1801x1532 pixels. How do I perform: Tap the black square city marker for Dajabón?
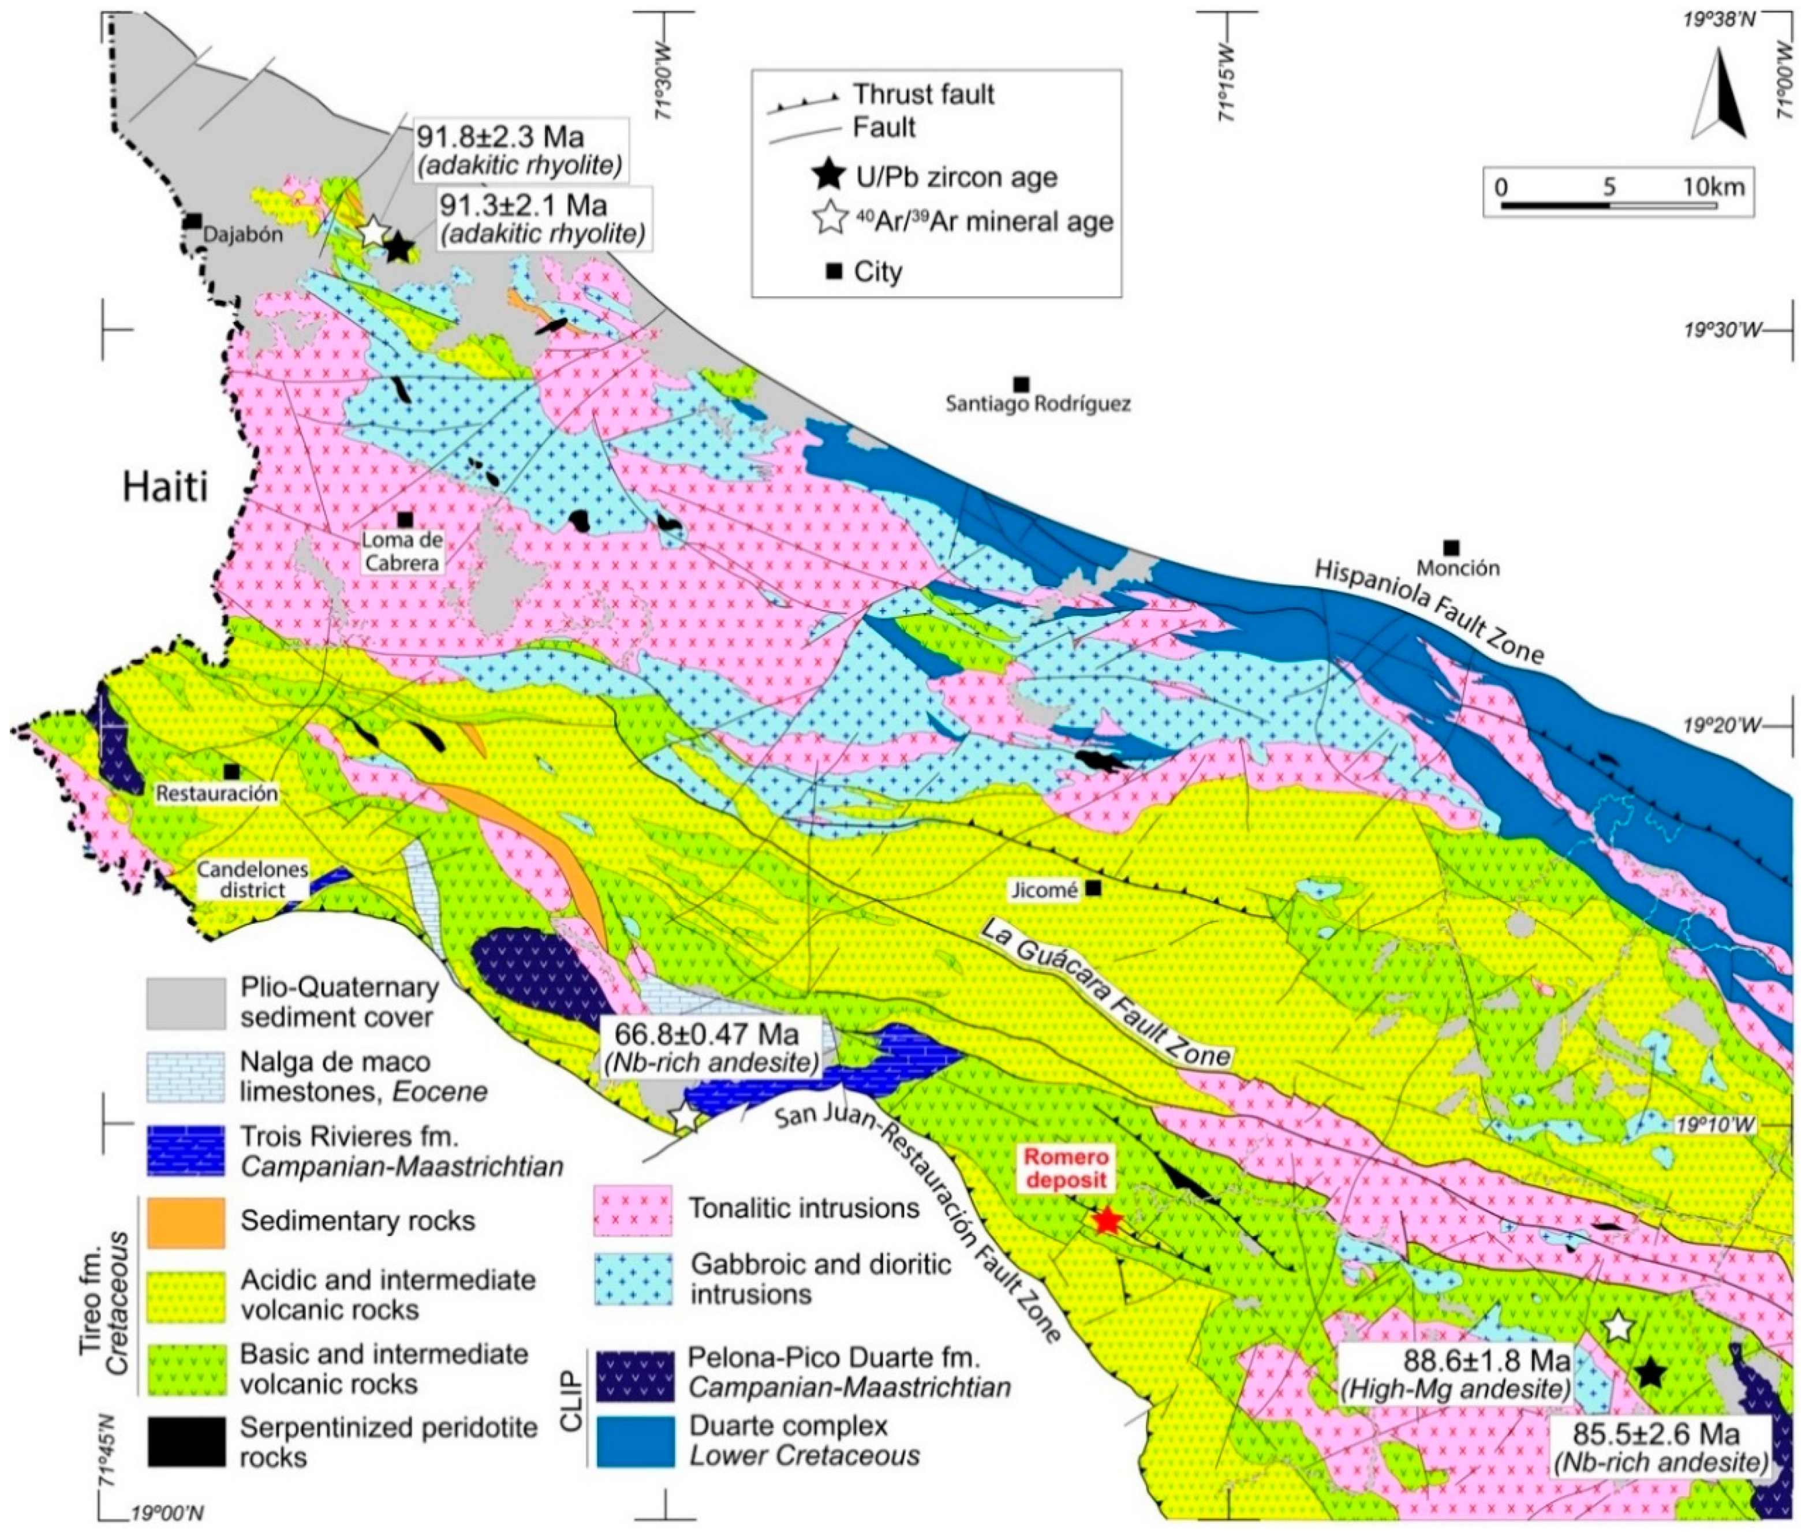point(193,222)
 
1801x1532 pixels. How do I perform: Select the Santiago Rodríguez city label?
point(1038,404)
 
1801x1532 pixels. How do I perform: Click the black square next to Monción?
point(1450,547)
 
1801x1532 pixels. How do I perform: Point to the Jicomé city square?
point(1094,888)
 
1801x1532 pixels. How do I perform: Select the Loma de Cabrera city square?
point(405,520)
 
